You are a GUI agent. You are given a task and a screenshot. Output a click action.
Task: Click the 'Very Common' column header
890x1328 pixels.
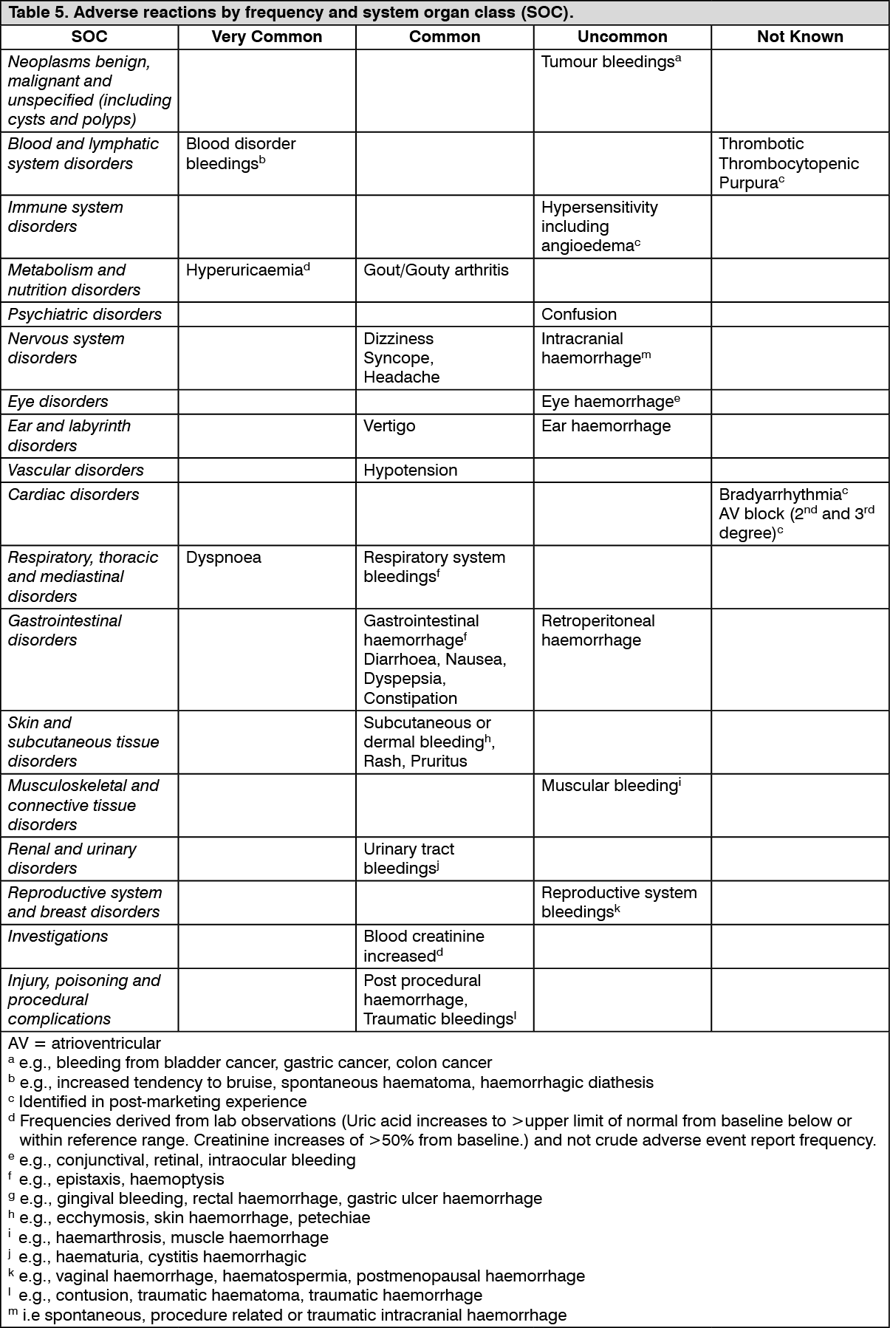click(x=267, y=37)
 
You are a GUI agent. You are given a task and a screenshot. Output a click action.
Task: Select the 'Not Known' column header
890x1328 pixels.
click(x=800, y=37)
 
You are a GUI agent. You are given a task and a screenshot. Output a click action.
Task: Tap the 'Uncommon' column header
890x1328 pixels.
click(x=622, y=37)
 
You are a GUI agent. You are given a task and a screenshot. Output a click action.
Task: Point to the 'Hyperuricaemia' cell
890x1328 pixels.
click(x=244, y=270)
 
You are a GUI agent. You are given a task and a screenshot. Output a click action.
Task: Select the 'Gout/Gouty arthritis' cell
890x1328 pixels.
click(x=436, y=270)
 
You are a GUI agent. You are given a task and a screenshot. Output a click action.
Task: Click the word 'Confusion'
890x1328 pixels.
click(x=579, y=315)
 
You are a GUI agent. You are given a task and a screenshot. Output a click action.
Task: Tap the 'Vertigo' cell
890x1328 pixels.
click(x=389, y=426)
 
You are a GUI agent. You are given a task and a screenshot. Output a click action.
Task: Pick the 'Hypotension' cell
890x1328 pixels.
click(x=410, y=470)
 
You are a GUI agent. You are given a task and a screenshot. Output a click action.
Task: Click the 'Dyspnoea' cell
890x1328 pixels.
click(x=223, y=558)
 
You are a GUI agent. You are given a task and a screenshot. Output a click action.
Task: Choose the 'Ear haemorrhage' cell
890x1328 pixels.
click(x=606, y=426)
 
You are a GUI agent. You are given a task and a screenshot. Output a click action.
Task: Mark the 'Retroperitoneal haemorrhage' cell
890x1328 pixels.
click(x=598, y=631)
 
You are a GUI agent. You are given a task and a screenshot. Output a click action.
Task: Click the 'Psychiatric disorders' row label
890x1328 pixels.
click(x=85, y=315)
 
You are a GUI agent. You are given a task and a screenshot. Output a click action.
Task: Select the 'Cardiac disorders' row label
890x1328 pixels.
click(x=74, y=495)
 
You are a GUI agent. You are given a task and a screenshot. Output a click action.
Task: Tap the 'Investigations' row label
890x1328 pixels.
click(x=58, y=937)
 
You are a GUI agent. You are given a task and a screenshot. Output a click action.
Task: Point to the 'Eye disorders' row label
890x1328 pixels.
click(x=58, y=402)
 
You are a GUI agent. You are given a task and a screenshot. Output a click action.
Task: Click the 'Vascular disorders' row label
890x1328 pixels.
click(x=76, y=470)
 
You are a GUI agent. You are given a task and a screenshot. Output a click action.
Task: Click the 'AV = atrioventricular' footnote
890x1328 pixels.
click(x=84, y=1044)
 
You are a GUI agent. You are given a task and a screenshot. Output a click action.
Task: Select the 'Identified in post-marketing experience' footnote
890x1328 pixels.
click(x=162, y=1102)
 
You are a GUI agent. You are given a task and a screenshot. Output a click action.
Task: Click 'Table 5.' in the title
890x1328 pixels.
click(x=35, y=13)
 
